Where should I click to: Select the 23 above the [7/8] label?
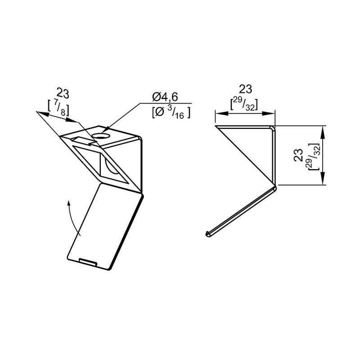pos(63,94)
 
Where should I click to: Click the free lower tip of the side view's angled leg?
pos(208,233)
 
